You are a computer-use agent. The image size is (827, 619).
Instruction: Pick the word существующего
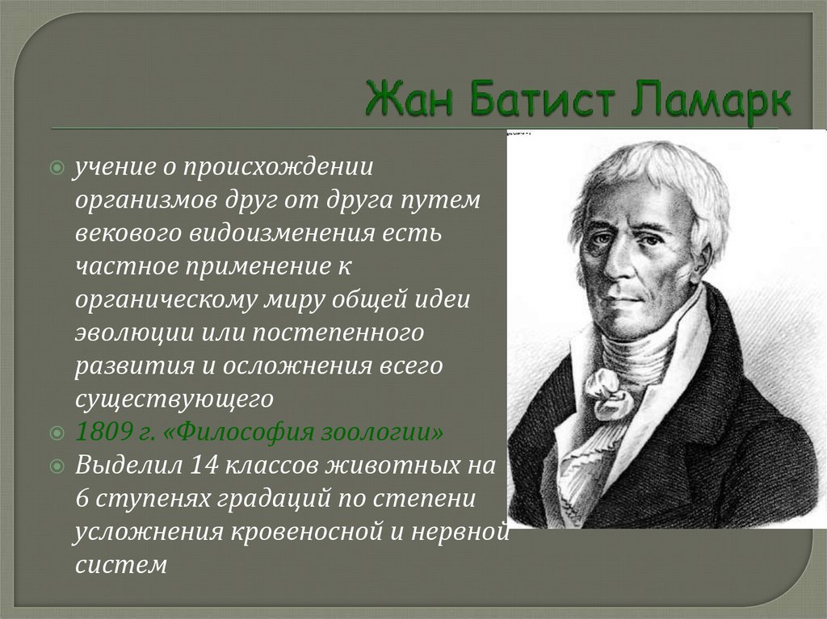click(x=175, y=398)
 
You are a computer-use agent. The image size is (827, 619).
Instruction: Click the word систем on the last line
click(x=121, y=564)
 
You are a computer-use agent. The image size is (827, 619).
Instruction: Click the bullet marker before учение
click(x=57, y=168)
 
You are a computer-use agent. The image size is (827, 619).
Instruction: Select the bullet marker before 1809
click(x=57, y=433)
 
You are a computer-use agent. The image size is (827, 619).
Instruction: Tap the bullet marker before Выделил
click(x=57, y=466)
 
